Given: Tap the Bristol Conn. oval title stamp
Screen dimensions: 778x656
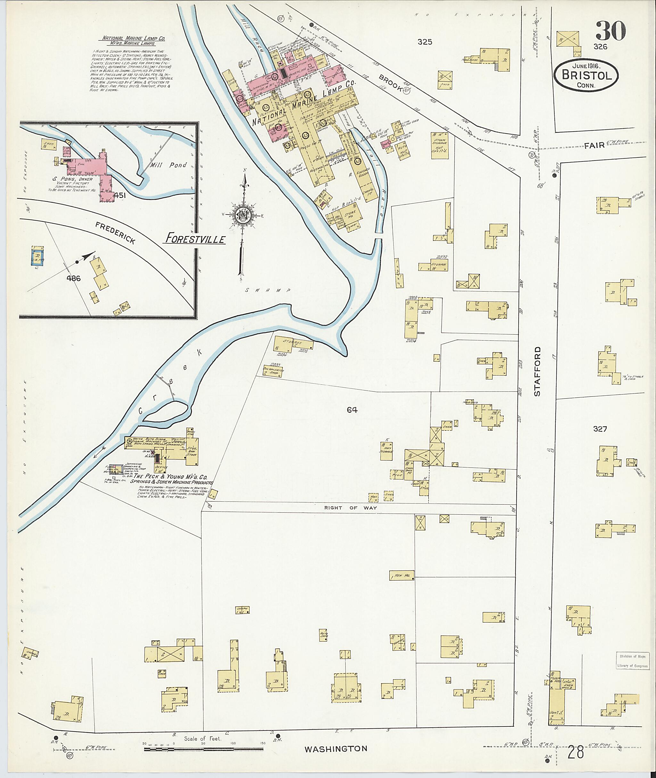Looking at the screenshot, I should [586, 76].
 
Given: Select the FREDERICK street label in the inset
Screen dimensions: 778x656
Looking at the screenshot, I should [115, 233].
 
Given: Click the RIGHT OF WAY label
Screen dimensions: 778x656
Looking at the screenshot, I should [350, 508].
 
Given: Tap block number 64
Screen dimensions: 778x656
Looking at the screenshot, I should [352, 410].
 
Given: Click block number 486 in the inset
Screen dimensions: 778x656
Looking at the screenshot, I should [73, 278].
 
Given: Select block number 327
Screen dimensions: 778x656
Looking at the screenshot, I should [600, 429].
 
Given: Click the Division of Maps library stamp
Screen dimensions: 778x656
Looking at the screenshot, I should [632, 661].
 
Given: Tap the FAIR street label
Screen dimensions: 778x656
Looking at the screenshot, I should [594, 146].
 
